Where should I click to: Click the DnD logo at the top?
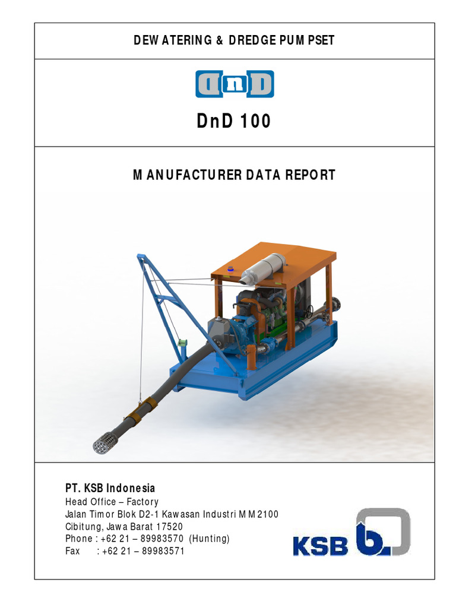coord(235,84)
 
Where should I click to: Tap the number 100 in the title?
coord(256,121)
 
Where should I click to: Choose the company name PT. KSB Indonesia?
coord(110,488)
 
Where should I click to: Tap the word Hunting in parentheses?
coord(209,539)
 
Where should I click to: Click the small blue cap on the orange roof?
coord(231,269)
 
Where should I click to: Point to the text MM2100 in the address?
coord(258,514)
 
